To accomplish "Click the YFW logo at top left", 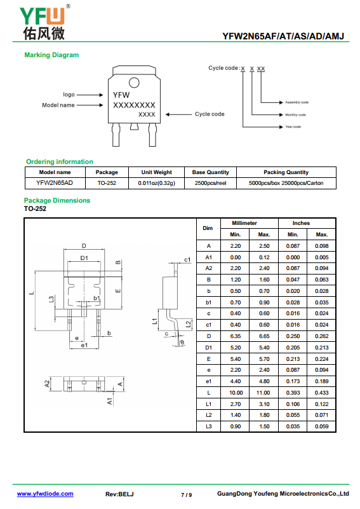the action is [44, 23].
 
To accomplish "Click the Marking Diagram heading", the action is [51, 55].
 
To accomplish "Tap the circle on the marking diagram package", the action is [134, 83].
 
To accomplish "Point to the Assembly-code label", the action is [297, 102].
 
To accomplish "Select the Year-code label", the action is [293, 126].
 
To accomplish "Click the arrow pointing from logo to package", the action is [90, 95].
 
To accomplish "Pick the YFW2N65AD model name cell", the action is [55, 183].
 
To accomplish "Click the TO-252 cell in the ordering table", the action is [107, 183].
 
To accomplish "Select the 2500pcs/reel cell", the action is [211, 183].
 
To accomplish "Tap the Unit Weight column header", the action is [156, 172].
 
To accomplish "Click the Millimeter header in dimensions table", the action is [244, 223].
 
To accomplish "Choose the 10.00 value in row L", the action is [236, 393].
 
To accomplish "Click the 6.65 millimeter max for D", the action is [264, 336].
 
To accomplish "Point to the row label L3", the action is [208, 426].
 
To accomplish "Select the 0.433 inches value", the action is [321, 393].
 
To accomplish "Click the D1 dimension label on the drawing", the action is [84, 258].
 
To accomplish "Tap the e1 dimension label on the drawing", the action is [84, 346].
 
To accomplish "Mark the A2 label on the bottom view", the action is [47, 384].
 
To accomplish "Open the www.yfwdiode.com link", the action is [45, 494].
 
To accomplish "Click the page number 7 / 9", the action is [186, 495].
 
